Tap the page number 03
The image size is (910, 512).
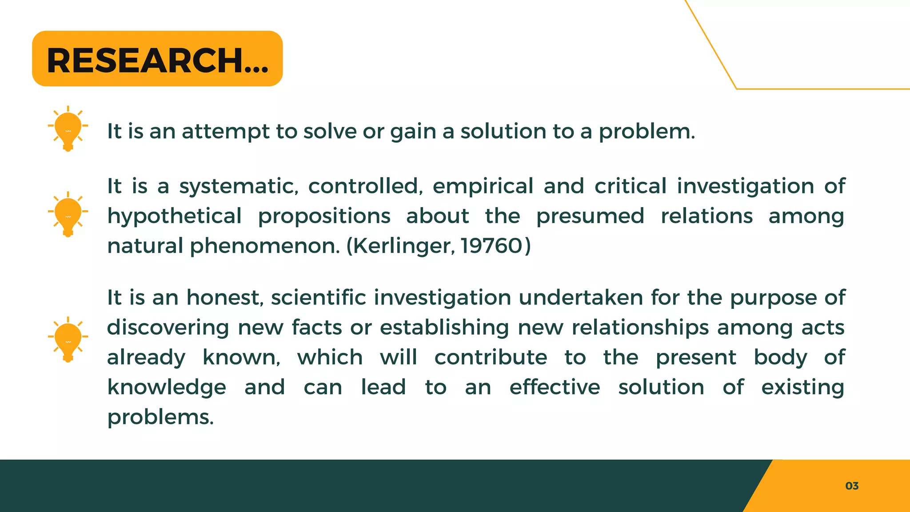[x=852, y=486]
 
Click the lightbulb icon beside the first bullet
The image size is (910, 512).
[x=68, y=128]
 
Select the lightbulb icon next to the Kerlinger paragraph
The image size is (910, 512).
[x=68, y=214]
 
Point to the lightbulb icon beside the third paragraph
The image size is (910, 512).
[x=68, y=340]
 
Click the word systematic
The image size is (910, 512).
[x=239, y=187]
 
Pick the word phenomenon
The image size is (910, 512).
[x=264, y=246]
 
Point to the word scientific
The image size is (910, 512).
[x=319, y=297]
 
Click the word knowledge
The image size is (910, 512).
[x=167, y=388]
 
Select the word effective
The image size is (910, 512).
[x=555, y=387]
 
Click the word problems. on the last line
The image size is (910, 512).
[x=160, y=417]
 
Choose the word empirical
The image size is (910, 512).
[x=483, y=187]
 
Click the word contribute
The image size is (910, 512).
[x=491, y=357]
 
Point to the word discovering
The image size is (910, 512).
[x=168, y=328]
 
